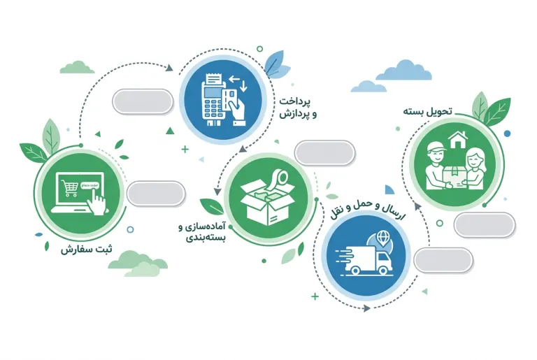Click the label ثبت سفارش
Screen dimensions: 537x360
(86, 250)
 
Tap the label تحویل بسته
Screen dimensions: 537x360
(427, 111)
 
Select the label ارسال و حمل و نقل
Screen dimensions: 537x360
(368, 210)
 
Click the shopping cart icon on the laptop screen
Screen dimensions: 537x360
(69, 188)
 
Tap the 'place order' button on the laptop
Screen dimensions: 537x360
(89, 185)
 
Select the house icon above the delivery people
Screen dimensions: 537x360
(458, 140)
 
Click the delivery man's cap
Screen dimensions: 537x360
(436, 147)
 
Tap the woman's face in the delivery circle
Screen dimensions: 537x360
(473, 160)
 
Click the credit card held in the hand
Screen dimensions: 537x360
(229, 100)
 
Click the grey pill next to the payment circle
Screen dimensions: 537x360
(143, 102)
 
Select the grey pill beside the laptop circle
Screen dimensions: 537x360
(156, 194)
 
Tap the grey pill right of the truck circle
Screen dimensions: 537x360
(443, 260)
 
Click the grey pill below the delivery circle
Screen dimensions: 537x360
(485, 225)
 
